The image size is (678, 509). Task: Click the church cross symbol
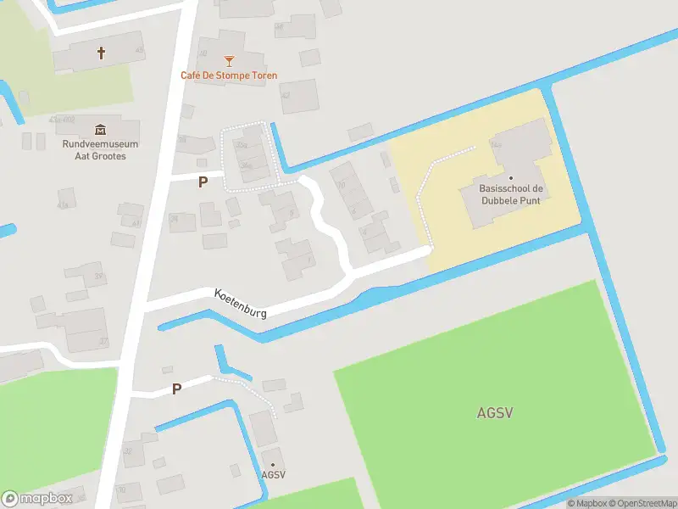pos(102,53)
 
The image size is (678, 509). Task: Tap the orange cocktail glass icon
pos(228,60)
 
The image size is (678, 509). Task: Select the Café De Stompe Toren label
pos(228,76)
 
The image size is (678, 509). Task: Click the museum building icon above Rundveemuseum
pos(101,129)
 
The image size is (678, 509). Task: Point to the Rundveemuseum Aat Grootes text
pos(100,150)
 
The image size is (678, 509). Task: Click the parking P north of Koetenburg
pos(203,182)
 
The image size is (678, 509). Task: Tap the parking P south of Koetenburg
pos(176,389)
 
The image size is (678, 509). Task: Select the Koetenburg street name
pos(242,302)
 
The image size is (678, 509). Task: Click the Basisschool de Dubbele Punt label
pos(510,194)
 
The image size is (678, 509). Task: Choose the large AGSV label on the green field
pos(495,413)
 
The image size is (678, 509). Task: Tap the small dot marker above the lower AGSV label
pos(273,464)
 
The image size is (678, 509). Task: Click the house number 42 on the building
pos(286,95)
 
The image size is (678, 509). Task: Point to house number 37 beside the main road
pos(104,341)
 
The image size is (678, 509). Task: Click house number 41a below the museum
pos(62,205)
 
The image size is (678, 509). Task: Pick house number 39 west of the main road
pos(99,277)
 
